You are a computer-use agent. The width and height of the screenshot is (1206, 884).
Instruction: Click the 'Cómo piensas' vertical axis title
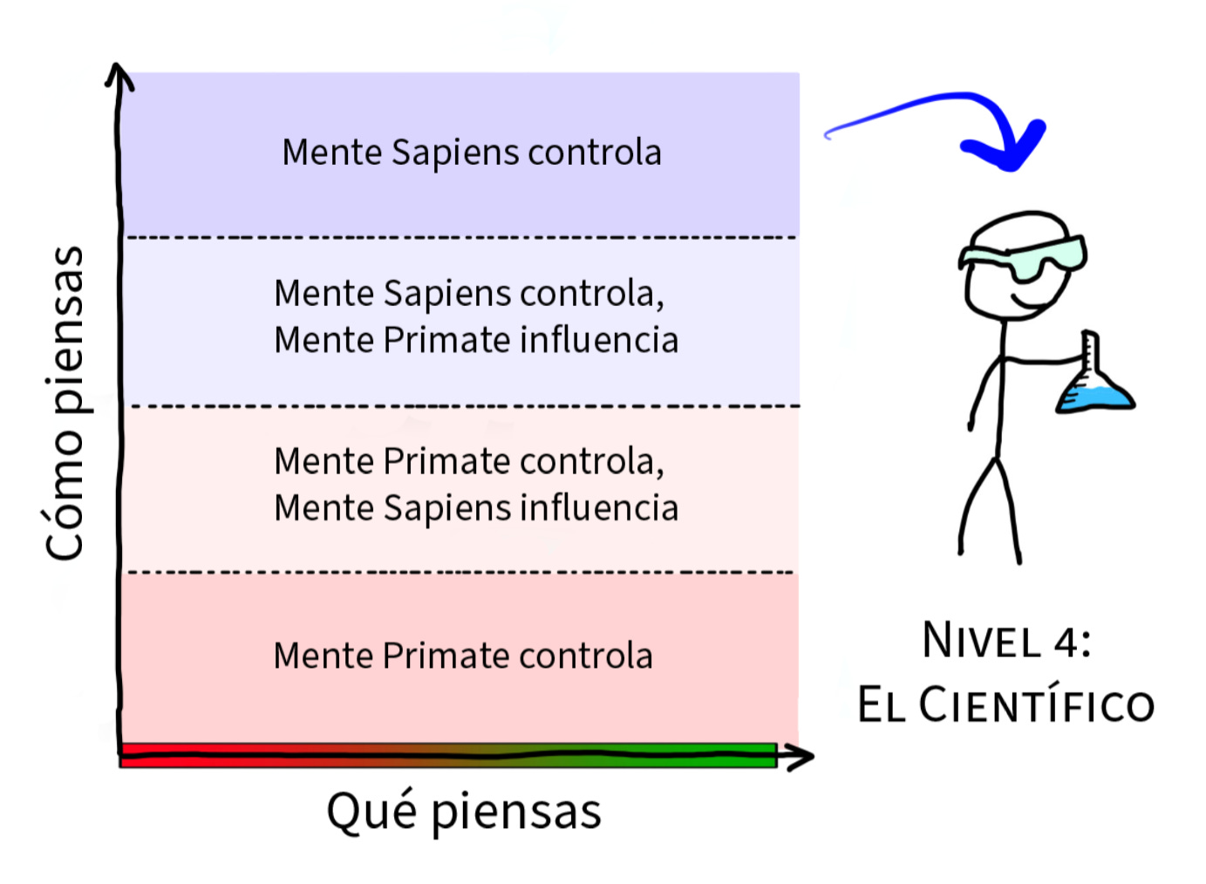(x=65, y=403)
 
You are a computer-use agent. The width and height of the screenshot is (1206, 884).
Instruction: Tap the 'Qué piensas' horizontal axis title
(x=463, y=811)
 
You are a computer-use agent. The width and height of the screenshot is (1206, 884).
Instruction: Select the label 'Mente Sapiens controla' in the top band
(x=471, y=153)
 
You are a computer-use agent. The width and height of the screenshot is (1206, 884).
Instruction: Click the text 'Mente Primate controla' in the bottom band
(x=462, y=656)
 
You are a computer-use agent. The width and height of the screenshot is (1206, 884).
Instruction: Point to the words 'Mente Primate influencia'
(x=476, y=340)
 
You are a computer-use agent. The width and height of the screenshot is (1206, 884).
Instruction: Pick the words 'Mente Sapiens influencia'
(x=476, y=508)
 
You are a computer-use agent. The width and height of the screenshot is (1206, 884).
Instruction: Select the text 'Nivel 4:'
(x=1006, y=641)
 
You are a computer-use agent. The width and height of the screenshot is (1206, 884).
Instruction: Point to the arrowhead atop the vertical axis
(x=119, y=77)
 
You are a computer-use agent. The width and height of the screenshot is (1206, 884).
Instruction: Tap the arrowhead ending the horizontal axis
(x=798, y=757)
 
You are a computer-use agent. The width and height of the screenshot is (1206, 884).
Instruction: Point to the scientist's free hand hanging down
(x=971, y=424)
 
